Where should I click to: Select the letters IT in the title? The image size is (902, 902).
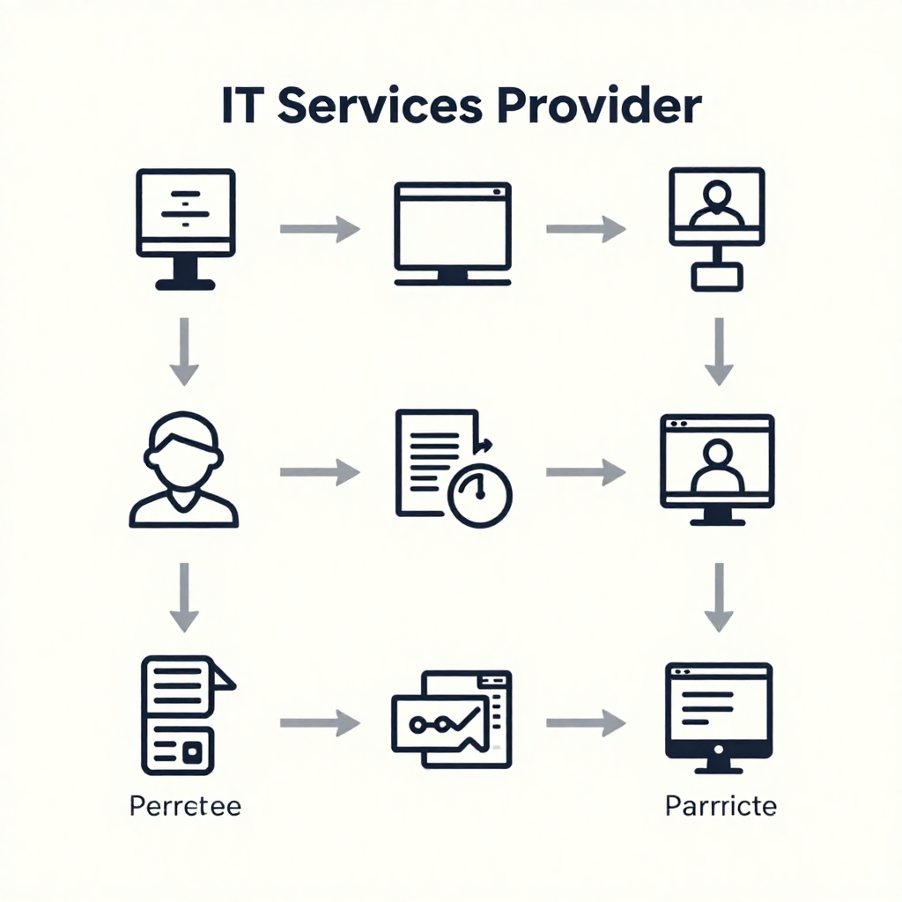(x=243, y=106)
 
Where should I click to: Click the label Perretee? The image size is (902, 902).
(x=185, y=806)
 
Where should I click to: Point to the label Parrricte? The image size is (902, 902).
(x=721, y=806)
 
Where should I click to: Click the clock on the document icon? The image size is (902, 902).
(x=480, y=495)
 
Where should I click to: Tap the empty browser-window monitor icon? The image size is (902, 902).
(x=453, y=232)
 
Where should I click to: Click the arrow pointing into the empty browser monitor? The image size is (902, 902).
(x=319, y=230)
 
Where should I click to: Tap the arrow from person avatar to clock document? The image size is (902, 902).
(x=319, y=473)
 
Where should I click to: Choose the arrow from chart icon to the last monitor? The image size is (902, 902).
(x=586, y=724)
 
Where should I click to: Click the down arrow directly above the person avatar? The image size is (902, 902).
(x=183, y=351)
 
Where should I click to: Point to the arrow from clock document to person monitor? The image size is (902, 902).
(x=586, y=473)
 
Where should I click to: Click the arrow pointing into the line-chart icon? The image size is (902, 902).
(x=319, y=724)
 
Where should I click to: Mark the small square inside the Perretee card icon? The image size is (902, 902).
(x=193, y=750)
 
